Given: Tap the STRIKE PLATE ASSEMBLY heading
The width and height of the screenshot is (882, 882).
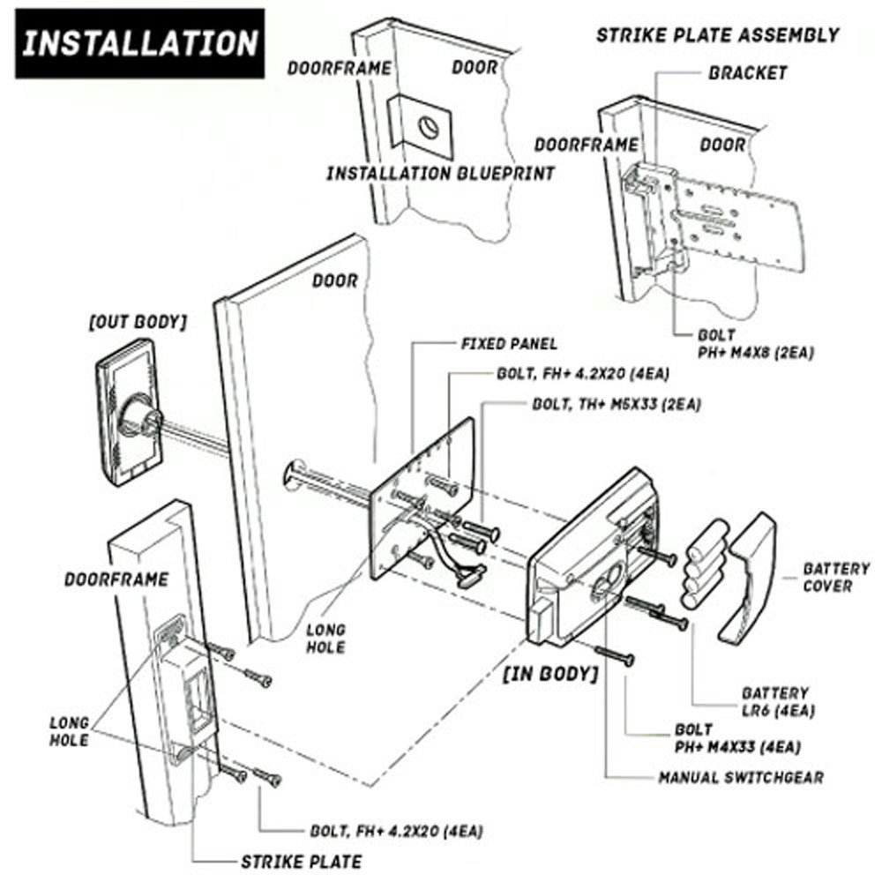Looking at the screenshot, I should click(x=717, y=35).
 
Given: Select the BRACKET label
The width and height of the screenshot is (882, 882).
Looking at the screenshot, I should click(x=747, y=73).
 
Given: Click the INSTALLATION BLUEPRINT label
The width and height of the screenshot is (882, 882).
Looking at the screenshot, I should click(x=441, y=173).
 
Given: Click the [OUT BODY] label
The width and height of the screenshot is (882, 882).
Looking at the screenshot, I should click(x=137, y=324).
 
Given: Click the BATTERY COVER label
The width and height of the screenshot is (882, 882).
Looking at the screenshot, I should click(x=834, y=578).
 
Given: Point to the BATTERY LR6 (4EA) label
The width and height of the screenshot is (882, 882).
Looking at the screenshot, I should click(x=773, y=702).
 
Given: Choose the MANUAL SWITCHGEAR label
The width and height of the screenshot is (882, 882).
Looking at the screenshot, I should click(x=741, y=778).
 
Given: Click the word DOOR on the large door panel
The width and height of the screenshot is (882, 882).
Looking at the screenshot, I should click(x=335, y=282).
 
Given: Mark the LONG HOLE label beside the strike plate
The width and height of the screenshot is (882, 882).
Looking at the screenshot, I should click(x=68, y=731).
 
